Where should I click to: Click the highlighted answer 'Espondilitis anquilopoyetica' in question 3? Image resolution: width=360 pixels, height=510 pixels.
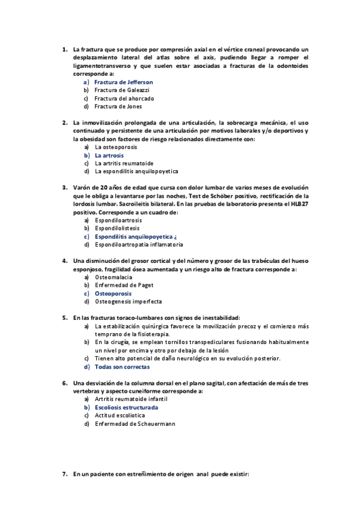coord(137,237)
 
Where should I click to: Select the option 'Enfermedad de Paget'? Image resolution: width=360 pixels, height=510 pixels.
coord(124,285)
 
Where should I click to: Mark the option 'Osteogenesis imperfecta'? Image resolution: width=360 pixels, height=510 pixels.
coord(128,301)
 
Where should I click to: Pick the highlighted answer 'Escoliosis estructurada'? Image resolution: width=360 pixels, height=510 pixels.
coord(126,407)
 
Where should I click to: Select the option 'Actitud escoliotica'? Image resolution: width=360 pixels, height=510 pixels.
coord(118,416)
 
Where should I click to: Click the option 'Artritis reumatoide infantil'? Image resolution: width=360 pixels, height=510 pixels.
coord(131,399)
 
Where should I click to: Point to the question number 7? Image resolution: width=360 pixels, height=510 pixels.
coord(64,475)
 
